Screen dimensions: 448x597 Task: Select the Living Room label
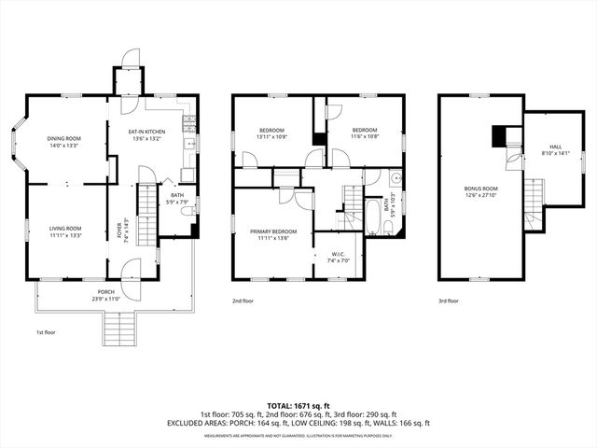(x=65, y=231)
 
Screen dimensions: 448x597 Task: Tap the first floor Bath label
(x=177, y=198)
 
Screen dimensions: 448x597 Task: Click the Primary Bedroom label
(x=272, y=234)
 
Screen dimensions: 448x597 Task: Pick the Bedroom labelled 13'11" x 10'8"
(x=271, y=133)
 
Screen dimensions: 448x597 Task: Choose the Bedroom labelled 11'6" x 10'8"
(x=365, y=133)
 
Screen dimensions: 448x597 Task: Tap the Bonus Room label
(x=481, y=191)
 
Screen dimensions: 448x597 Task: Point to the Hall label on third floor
(x=555, y=149)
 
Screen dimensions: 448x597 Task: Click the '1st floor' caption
(x=46, y=332)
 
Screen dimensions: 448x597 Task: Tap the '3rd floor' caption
(x=448, y=301)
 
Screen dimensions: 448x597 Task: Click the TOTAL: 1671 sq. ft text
(x=298, y=406)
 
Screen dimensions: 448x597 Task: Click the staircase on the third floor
(x=533, y=196)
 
